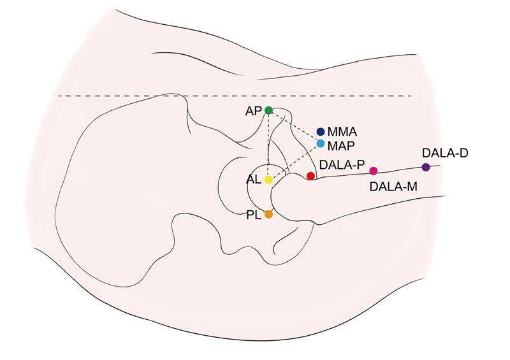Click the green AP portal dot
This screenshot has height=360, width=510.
[268, 110]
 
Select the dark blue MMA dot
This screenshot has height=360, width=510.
[321, 131]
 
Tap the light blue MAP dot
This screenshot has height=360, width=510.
[321, 143]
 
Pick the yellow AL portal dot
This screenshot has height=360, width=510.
[268, 180]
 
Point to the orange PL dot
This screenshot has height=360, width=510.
[268, 215]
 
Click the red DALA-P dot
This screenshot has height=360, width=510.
[310, 176]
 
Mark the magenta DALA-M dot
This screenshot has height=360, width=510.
[374, 171]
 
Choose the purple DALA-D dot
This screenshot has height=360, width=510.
[426, 167]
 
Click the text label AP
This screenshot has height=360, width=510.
[253, 111]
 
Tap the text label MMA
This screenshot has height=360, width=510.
[342, 132]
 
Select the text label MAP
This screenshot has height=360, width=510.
[341, 145]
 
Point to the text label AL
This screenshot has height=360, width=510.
[253, 180]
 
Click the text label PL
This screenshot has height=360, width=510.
[253, 215]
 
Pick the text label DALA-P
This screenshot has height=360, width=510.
[342, 164]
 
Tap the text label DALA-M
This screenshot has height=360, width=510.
[393, 186]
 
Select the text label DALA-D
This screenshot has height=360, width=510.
[445, 154]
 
